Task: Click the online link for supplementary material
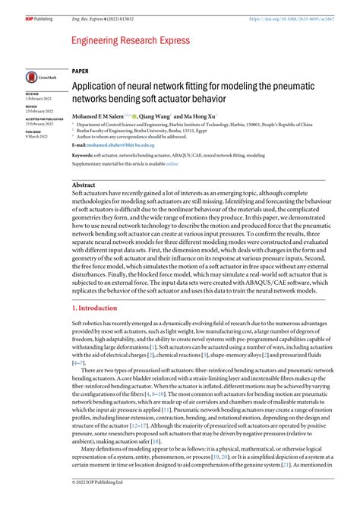coord(172,163)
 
